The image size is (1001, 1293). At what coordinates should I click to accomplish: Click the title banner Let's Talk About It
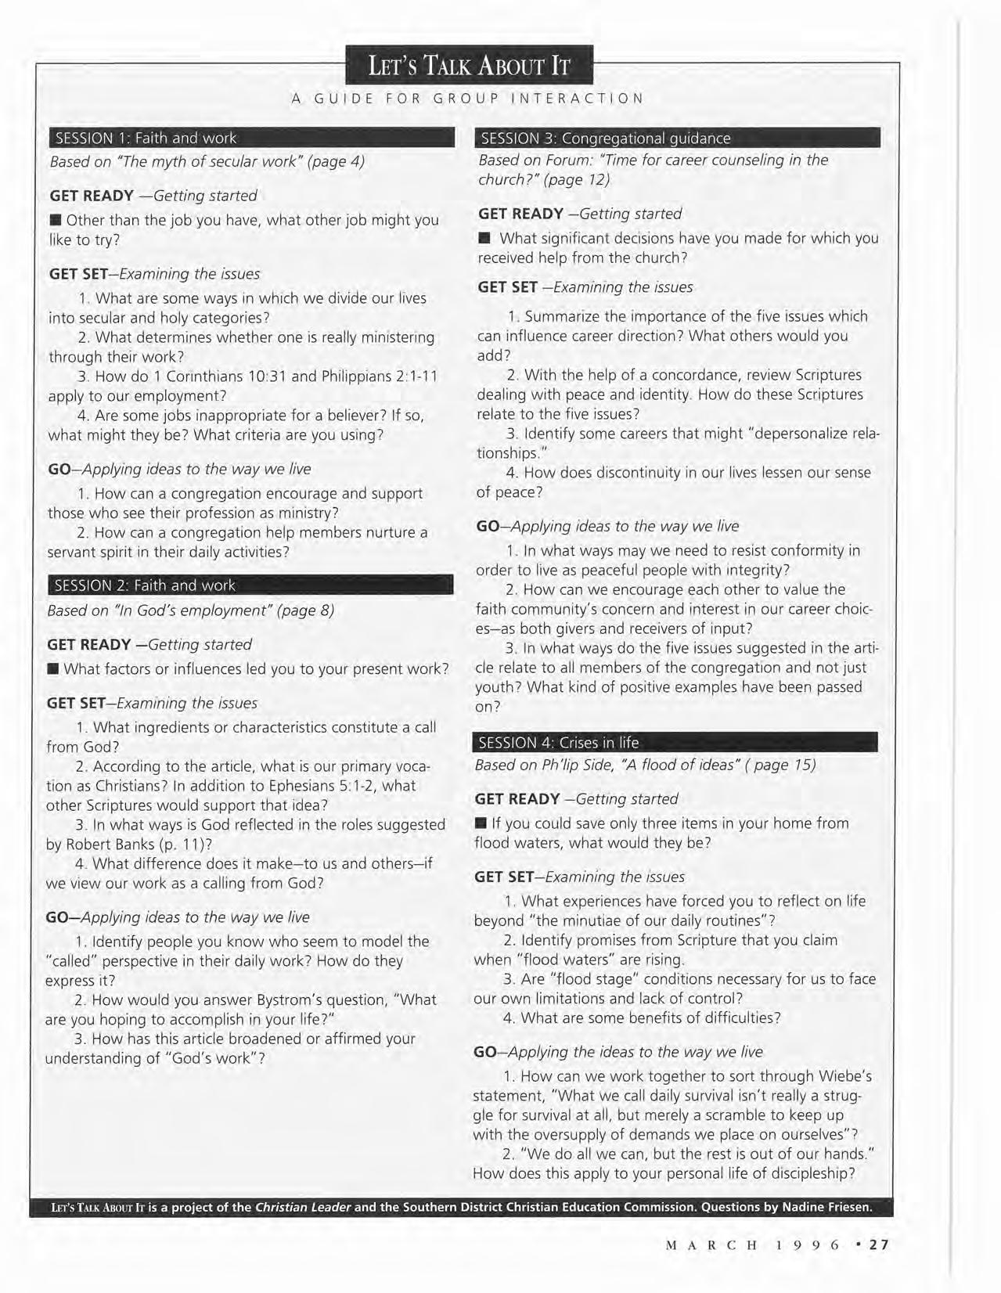(470, 66)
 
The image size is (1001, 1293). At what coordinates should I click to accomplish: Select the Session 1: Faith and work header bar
(251, 139)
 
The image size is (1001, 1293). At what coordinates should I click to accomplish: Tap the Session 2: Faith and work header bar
(250, 585)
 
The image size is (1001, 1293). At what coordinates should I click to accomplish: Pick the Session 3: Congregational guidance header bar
(678, 139)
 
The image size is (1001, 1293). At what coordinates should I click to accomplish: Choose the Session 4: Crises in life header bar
(675, 743)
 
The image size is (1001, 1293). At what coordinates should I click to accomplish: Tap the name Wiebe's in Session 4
(845, 1076)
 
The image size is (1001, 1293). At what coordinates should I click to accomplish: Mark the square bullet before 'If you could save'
(481, 823)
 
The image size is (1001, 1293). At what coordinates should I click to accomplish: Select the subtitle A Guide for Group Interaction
(468, 99)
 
